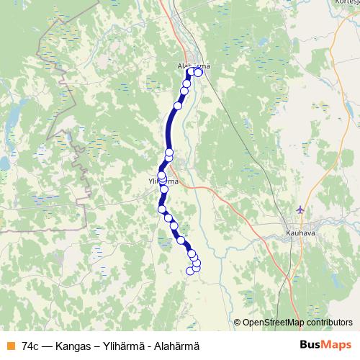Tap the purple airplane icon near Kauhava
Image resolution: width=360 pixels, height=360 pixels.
click(x=301, y=210)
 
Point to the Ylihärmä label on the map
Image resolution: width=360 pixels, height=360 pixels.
click(x=162, y=181)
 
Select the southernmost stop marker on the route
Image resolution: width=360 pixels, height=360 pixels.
click(x=191, y=271)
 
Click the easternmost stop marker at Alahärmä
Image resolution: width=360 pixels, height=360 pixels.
click(x=199, y=72)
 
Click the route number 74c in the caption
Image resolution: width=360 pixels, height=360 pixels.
click(x=31, y=346)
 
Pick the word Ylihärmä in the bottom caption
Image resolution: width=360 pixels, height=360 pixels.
click(x=120, y=346)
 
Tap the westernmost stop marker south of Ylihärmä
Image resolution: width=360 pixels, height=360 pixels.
click(x=162, y=210)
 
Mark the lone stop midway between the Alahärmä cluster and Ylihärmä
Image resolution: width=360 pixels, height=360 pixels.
click(x=177, y=106)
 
